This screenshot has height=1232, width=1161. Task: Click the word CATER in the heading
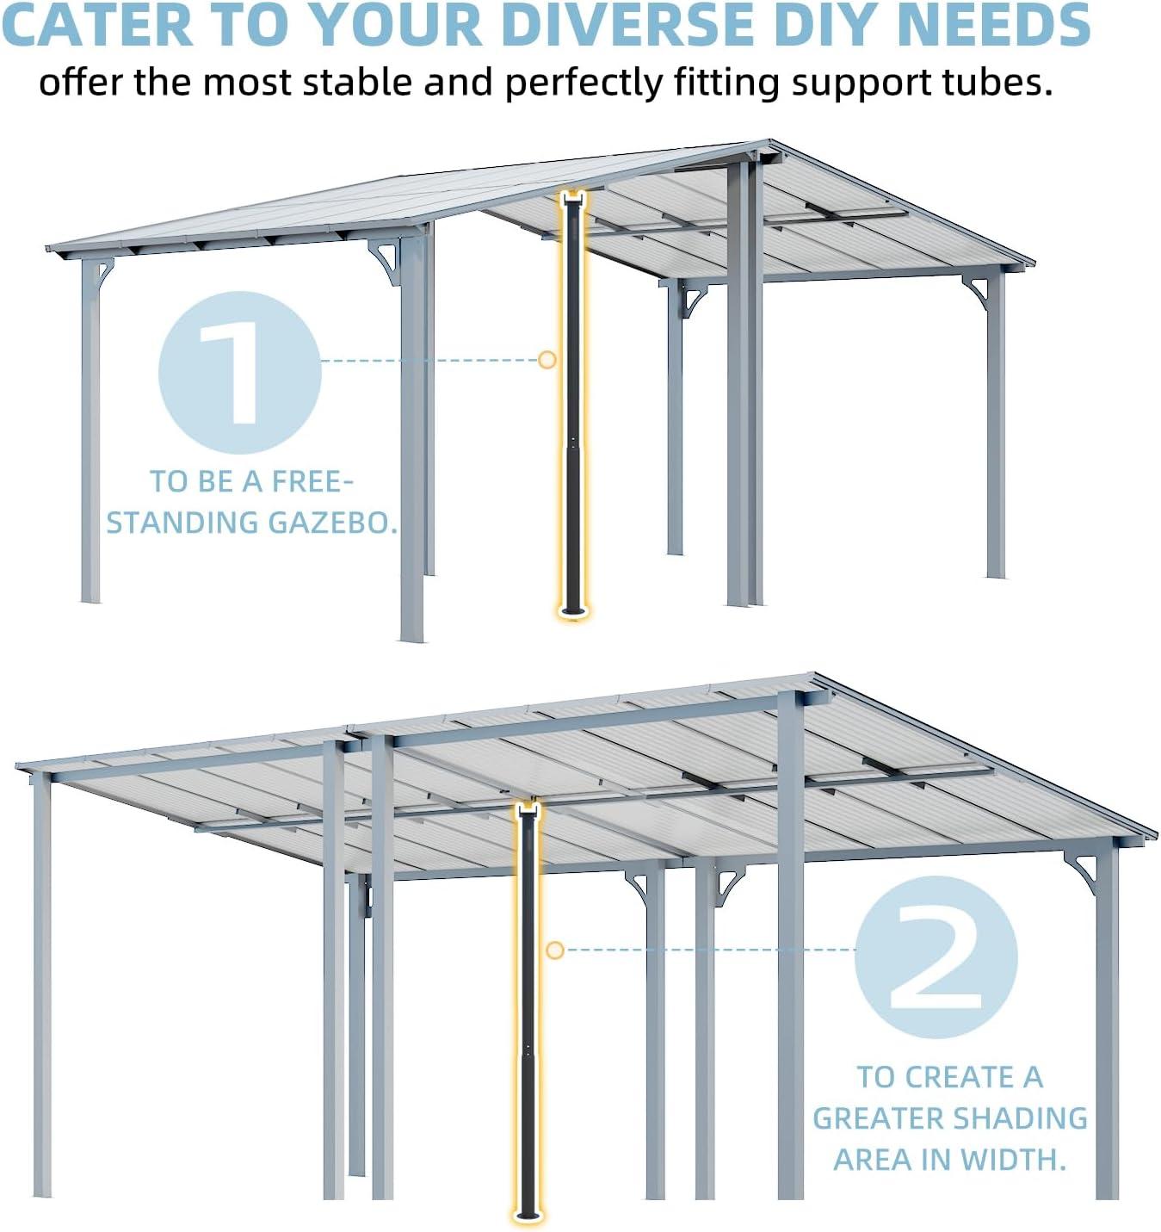click(97, 25)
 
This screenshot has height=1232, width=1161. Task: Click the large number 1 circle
click(239, 372)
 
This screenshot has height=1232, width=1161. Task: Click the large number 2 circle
click(936, 957)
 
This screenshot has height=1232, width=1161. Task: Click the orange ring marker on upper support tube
click(547, 360)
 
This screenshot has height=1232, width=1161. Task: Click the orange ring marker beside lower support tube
click(555, 950)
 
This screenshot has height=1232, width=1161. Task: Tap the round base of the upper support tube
click(572, 612)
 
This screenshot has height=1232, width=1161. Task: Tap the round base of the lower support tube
click(528, 1216)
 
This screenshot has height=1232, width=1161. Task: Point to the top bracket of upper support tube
click(573, 200)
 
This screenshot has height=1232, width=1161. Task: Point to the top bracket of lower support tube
click(528, 809)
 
